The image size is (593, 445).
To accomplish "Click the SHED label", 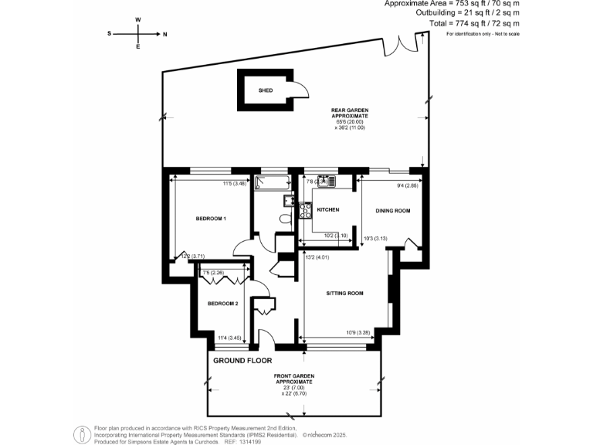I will tap(266, 90).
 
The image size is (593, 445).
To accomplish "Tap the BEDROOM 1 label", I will tap(210, 219).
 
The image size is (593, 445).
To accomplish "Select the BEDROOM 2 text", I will tap(222, 304).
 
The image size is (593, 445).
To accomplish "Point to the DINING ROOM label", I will tap(392, 210).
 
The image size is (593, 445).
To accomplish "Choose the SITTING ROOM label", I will tap(344, 294).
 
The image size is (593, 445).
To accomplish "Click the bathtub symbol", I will tap(272, 183).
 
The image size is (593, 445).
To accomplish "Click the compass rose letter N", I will tap(164, 34).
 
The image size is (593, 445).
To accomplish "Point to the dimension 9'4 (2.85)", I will tap(407, 185).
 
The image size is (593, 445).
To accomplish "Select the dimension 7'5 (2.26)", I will tap(213, 272).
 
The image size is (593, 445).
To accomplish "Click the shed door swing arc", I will tap(301, 90).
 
